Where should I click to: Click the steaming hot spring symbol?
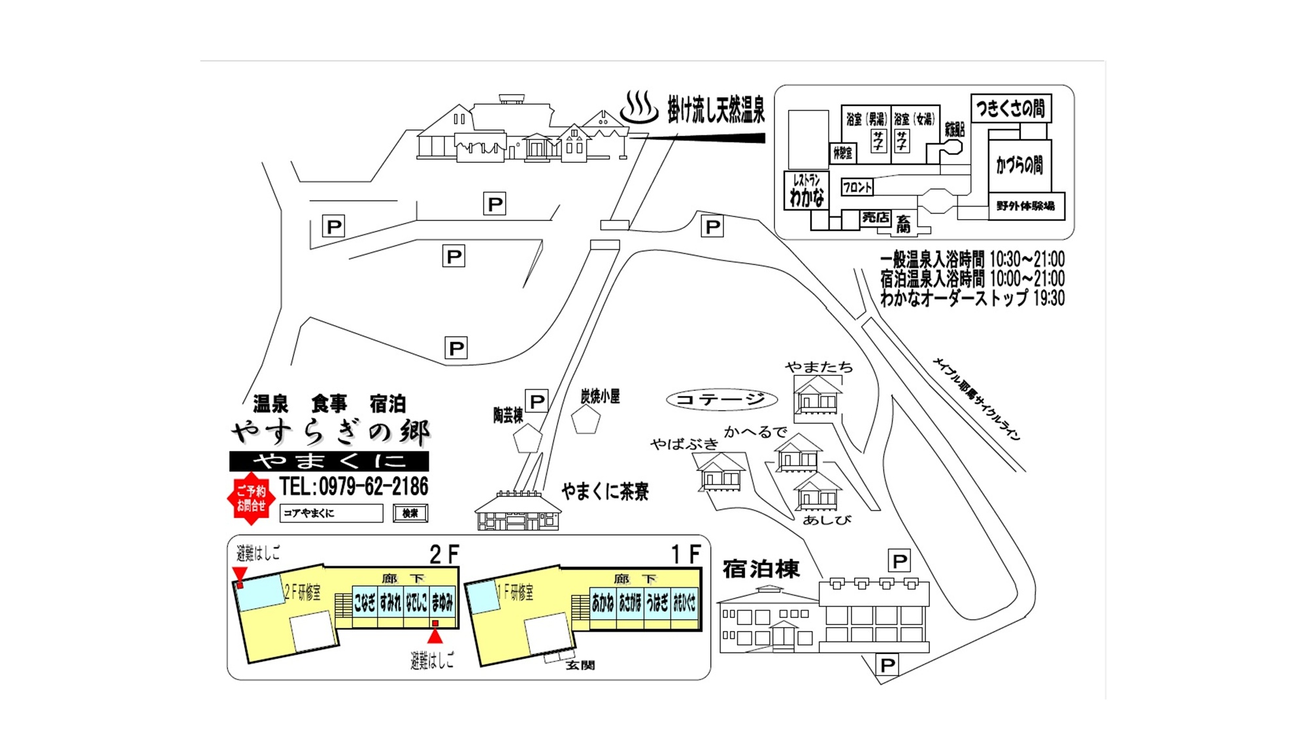(x=638, y=108)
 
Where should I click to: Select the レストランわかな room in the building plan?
(x=806, y=190)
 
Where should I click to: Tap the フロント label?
(x=857, y=188)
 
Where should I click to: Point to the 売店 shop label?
(x=875, y=218)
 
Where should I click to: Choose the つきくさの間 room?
(x=1010, y=108)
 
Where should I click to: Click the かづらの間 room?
(x=1019, y=165)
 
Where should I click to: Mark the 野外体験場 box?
(x=1025, y=206)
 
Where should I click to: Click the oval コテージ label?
(x=721, y=400)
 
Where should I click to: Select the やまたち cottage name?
(x=819, y=367)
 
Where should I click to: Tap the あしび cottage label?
(x=827, y=521)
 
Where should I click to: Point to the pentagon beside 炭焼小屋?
(x=586, y=420)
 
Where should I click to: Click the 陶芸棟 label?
(x=508, y=415)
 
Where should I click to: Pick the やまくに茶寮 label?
(x=605, y=492)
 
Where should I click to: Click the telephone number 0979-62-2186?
(x=354, y=487)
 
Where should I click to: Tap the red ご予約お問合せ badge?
(x=251, y=499)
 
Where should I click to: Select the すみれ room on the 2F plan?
(x=390, y=602)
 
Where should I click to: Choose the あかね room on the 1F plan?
(x=603, y=602)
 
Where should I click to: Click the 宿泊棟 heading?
(x=761, y=569)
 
